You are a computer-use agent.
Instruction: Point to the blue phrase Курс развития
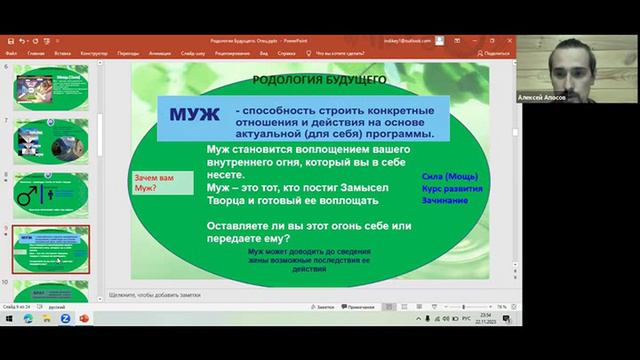pyautogui.click(x=453, y=188)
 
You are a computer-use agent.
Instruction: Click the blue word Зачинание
pyautogui.click(x=445, y=200)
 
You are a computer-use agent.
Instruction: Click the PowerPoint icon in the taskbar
pyautogui.click(x=84, y=320)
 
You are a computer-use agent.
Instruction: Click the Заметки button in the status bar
pyautogui.click(x=323, y=307)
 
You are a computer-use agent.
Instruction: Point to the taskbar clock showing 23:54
pyautogui.click(x=489, y=316)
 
